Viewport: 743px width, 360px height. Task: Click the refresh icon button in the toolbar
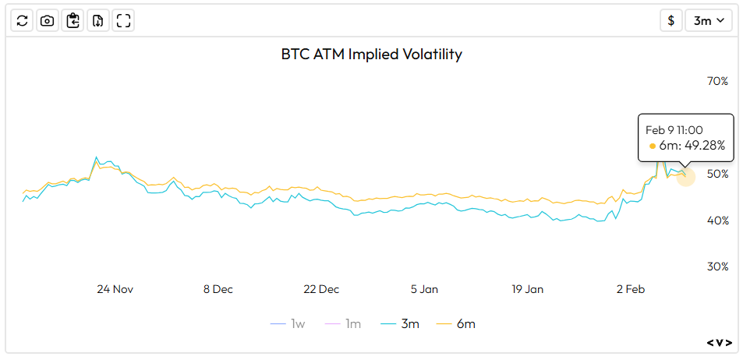coord(22,21)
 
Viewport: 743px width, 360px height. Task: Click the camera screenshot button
coord(47,21)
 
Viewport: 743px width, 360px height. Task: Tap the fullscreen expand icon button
coord(122,21)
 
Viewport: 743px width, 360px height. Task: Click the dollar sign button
coord(670,21)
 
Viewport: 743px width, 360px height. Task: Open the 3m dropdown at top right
coord(708,21)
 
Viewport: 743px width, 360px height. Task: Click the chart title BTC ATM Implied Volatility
coord(371,55)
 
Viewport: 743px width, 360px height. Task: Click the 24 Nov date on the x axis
coord(115,289)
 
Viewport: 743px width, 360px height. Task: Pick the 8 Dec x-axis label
coord(218,289)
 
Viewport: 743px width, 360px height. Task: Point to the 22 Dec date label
coord(320,289)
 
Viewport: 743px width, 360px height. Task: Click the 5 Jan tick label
coord(424,289)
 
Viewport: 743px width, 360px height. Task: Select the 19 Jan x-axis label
coord(527,289)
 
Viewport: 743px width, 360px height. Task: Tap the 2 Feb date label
coord(630,289)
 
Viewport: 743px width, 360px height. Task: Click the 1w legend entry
coord(289,323)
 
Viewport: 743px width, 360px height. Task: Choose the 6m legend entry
coord(456,323)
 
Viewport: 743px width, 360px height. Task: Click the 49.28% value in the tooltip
coord(702,146)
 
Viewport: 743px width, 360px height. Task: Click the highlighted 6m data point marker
coord(685,175)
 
